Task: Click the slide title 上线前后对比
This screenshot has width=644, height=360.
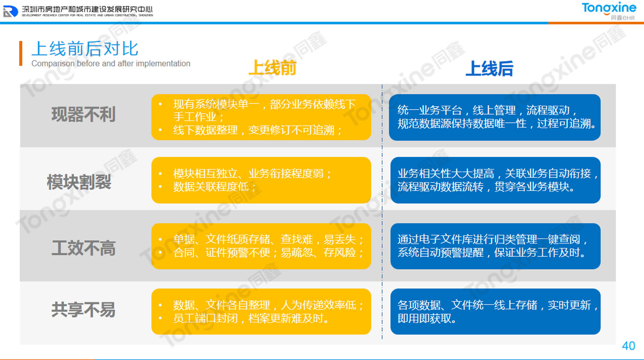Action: pos(85,48)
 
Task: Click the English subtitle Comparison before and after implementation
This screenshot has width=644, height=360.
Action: pos(111,64)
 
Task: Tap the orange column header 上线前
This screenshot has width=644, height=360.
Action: pos(272,69)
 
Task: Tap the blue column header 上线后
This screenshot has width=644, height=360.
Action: pos(489,69)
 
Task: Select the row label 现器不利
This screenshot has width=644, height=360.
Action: pos(83,115)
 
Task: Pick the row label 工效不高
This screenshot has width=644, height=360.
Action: pos(83,249)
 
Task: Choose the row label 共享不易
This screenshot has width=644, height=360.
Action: pos(83,310)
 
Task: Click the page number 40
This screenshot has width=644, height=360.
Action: pos(628,346)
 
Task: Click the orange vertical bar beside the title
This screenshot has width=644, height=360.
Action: pos(20,53)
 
